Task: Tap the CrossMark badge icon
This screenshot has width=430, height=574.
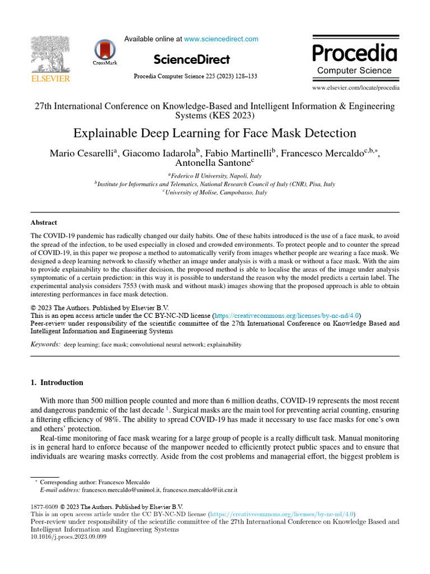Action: [x=105, y=52]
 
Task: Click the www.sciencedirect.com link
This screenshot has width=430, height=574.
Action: [x=221, y=39]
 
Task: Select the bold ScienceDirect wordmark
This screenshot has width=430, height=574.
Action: [x=191, y=59]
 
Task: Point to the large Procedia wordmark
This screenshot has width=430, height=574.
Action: [x=354, y=54]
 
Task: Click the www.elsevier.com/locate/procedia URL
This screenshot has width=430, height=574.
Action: [x=356, y=88]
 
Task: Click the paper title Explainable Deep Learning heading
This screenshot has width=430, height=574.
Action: [x=214, y=133]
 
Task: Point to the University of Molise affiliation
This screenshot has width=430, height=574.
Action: [x=215, y=192]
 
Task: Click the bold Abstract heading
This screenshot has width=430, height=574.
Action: [x=44, y=223]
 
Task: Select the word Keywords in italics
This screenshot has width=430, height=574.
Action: [x=45, y=344]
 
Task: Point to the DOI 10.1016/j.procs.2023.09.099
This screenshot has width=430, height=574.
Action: [x=68, y=536]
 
